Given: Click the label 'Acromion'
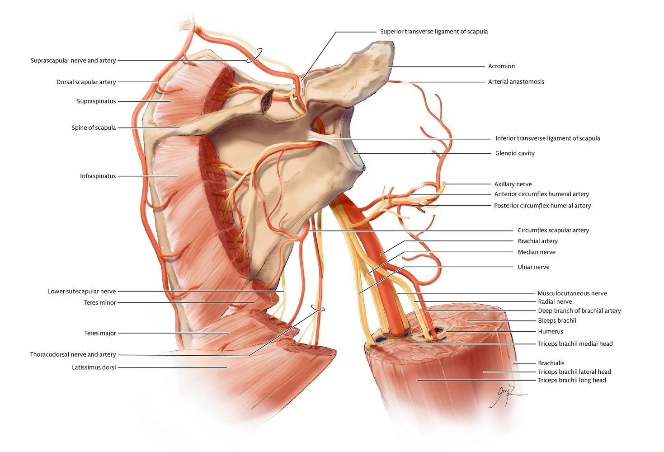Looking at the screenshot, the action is click(x=501, y=66).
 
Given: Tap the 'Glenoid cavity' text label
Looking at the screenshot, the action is click(x=514, y=153).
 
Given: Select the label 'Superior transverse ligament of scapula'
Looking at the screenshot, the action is click(x=433, y=32).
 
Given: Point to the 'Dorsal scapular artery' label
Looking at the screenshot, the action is click(x=86, y=82).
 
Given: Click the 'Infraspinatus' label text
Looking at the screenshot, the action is click(x=98, y=176).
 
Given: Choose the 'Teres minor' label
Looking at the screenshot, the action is click(x=99, y=302).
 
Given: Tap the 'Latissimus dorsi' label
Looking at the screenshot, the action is click(x=94, y=367).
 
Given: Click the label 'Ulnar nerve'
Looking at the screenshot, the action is click(x=533, y=267).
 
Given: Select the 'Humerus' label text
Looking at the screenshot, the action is click(x=550, y=331).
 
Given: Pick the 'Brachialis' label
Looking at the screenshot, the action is click(x=551, y=363).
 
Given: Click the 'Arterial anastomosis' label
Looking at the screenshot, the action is click(x=516, y=82).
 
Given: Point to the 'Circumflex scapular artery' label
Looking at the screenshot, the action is click(x=553, y=230).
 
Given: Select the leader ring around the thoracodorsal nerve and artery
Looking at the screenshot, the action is click(x=318, y=308).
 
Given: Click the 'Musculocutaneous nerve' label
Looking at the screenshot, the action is click(x=572, y=293).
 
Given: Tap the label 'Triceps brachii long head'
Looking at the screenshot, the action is click(x=571, y=380).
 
